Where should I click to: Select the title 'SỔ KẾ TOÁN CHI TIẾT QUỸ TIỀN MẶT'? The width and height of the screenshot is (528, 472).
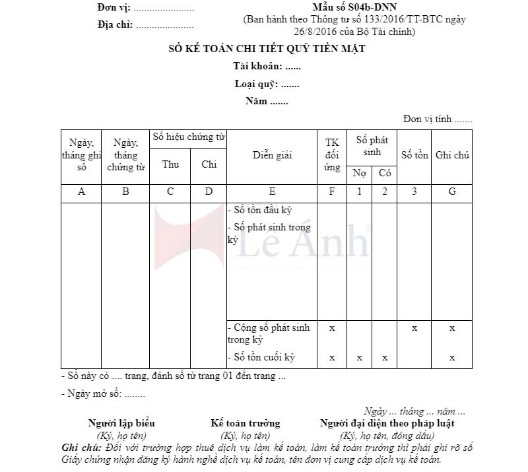point(265,49)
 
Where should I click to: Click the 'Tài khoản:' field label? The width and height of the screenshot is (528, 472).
point(258,67)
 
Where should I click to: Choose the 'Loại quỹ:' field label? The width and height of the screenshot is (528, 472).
point(257,84)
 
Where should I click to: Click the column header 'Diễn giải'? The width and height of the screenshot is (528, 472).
point(272,156)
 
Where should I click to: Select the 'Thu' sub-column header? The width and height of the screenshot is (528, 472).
point(170,165)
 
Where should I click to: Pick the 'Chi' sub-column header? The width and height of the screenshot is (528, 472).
point(209,165)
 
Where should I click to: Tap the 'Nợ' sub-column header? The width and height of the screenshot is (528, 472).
point(359,174)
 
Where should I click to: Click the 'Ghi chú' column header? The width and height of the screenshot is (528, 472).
point(452,156)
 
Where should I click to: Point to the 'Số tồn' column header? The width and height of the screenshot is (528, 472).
point(414,156)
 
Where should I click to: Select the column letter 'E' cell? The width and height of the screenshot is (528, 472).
point(272,192)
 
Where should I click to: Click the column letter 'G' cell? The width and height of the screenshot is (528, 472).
point(452,192)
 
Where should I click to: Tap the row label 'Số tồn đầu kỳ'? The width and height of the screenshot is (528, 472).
point(262,211)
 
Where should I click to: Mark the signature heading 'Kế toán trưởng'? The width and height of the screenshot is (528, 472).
point(245,423)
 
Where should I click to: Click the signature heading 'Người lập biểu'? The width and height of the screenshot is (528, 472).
point(121,423)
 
